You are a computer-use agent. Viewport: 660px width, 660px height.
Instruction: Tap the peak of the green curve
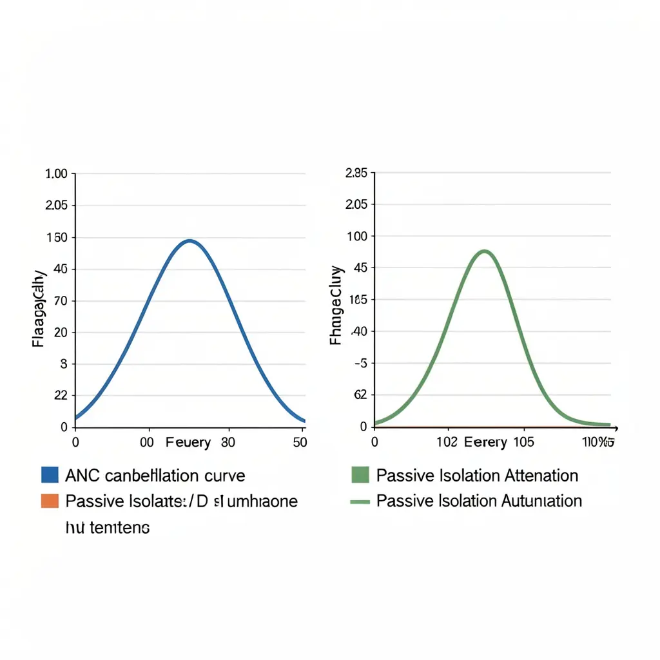(485, 251)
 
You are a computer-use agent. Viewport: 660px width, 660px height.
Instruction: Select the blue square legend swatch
(50, 476)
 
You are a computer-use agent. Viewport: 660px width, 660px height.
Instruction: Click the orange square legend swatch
(50, 501)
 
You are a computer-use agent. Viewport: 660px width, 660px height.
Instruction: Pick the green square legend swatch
(360, 476)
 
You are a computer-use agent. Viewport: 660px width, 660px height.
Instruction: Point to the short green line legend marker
(360, 501)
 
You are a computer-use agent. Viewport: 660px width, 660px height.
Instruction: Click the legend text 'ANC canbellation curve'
(155, 476)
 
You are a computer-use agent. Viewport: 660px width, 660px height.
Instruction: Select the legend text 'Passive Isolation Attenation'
(477, 476)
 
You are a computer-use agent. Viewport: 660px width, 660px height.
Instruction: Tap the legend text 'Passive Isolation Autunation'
(479, 501)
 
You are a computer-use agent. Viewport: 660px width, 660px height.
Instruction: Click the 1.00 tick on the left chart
(56, 174)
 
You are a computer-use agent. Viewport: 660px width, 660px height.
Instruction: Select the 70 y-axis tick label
(60, 301)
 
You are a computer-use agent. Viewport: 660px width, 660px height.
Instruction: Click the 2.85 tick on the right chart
(356, 173)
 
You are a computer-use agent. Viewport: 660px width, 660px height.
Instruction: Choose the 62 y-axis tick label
(360, 395)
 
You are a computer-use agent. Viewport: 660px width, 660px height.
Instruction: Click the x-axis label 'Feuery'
(188, 443)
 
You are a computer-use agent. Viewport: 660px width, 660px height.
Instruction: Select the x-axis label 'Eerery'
(487, 443)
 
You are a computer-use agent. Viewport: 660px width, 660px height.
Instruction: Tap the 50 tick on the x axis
(299, 443)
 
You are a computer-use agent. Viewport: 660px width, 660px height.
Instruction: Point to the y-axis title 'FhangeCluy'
(336, 305)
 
